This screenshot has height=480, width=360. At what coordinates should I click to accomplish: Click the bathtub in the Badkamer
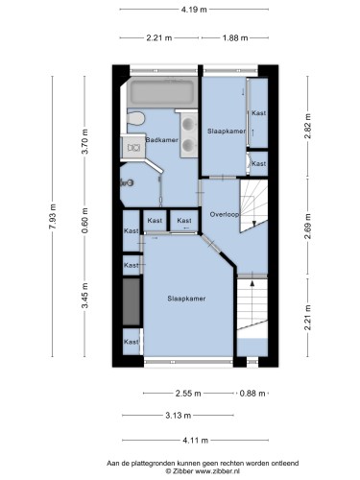(x=161, y=92)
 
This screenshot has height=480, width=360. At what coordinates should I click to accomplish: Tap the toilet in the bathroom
(x=136, y=118)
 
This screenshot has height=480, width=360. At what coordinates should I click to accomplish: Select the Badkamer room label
(x=162, y=140)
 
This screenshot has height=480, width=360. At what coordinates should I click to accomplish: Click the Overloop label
(x=225, y=214)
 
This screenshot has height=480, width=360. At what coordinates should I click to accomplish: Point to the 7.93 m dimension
(x=53, y=216)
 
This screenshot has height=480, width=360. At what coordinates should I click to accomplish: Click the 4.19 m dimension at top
(x=194, y=10)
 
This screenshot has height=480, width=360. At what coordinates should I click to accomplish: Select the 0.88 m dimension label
(x=252, y=394)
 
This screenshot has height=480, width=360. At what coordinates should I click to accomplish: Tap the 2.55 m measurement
(x=188, y=394)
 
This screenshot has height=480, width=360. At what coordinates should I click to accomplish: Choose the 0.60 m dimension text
(x=84, y=220)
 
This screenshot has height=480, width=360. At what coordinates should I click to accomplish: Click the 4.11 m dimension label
(x=195, y=441)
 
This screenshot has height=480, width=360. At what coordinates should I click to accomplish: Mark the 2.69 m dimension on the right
(x=308, y=227)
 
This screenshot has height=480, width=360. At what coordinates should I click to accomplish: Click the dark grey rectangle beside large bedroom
(x=132, y=301)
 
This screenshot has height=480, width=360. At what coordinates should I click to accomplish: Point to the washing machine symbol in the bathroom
(x=133, y=147)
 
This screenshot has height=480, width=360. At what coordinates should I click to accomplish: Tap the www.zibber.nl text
(x=217, y=471)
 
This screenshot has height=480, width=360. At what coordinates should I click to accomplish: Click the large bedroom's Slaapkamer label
(x=186, y=299)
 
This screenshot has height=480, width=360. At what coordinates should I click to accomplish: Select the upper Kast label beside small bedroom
(x=258, y=113)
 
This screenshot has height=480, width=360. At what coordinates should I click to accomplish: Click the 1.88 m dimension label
(x=235, y=38)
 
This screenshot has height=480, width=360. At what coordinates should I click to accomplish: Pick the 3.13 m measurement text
(x=179, y=416)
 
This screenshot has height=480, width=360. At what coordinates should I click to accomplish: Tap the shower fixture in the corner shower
(x=127, y=182)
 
